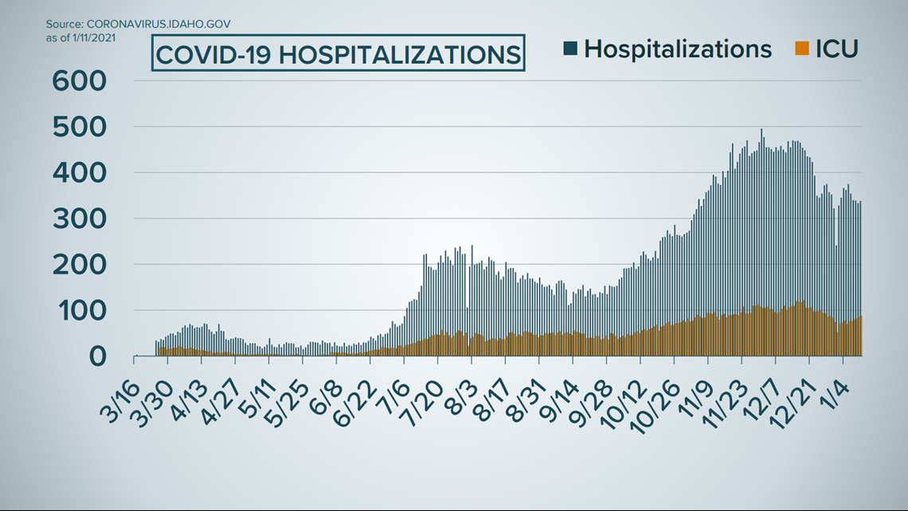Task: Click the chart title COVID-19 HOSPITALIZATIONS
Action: [x=338, y=54]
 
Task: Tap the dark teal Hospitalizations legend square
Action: [x=570, y=49]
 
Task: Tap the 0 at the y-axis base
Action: [x=96, y=356]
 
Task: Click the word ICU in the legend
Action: [x=836, y=49]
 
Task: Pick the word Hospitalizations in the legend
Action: [x=678, y=49]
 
